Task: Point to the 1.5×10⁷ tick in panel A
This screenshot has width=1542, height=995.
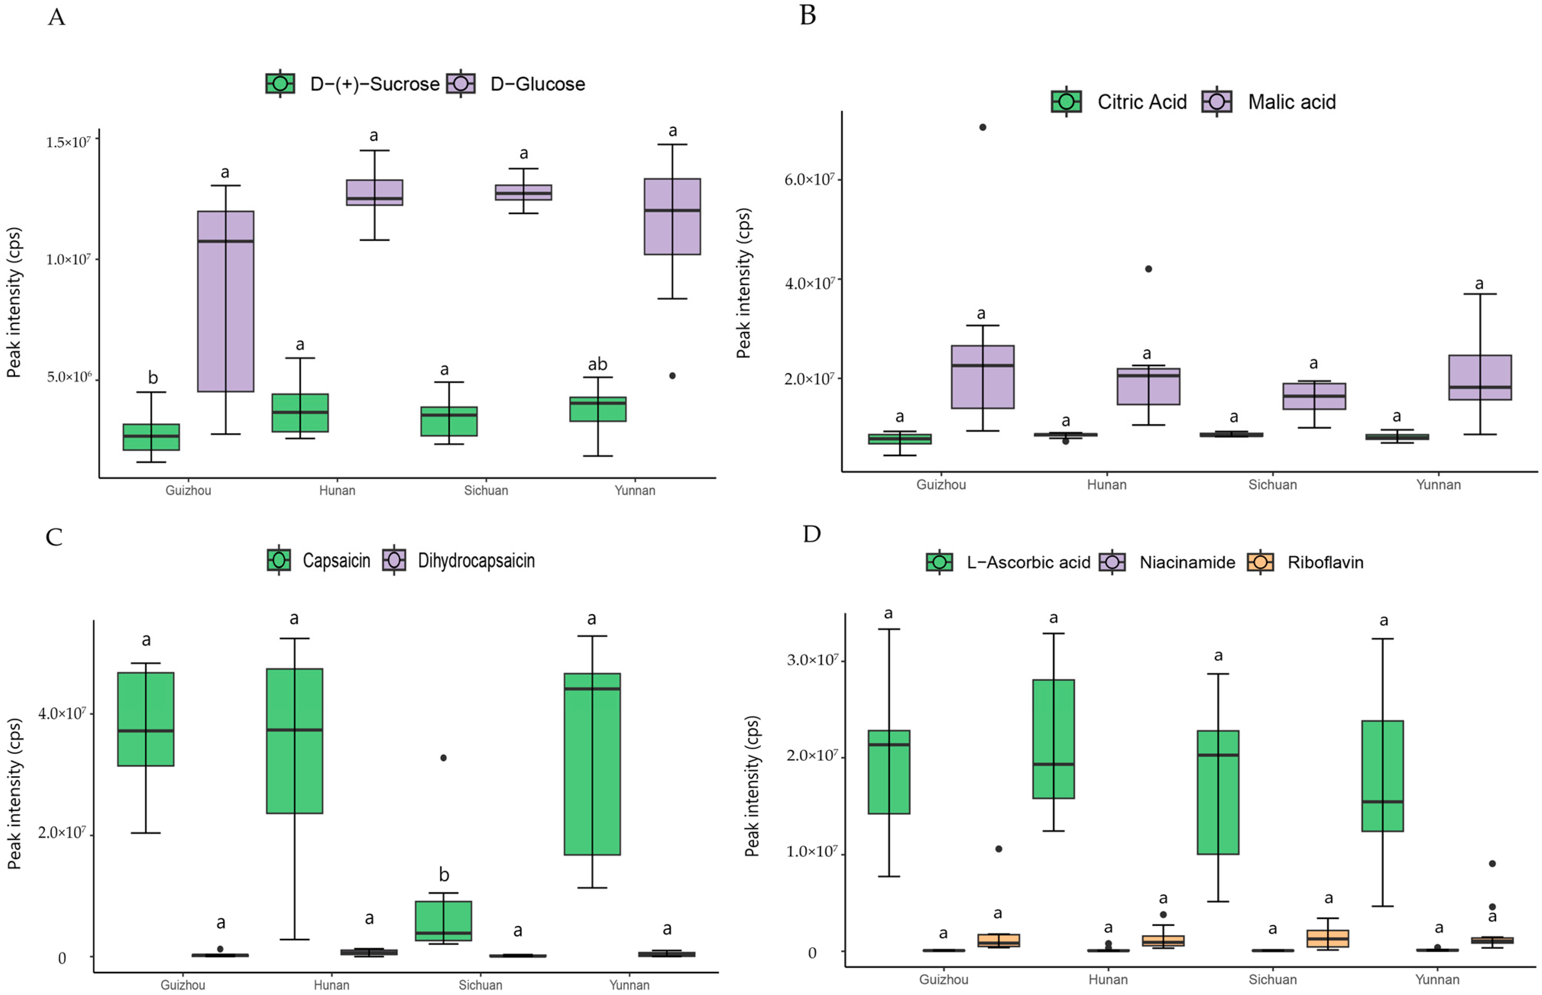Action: click(x=68, y=141)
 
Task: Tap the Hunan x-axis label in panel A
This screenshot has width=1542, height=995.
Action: click(x=337, y=490)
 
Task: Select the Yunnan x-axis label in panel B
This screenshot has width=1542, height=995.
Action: click(x=1438, y=485)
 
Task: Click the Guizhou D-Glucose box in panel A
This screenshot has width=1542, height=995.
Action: click(x=225, y=301)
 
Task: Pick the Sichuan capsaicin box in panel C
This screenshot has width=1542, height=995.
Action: click(x=443, y=920)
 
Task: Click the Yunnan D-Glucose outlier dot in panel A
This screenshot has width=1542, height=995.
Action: click(x=672, y=375)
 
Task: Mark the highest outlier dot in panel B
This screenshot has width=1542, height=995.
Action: click(x=982, y=127)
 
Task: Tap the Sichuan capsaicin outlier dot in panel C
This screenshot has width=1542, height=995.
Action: click(x=443, y=758)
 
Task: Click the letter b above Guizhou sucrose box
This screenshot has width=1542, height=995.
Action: click(x=152, y=377)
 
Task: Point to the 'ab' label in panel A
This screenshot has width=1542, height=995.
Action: click(x=597, y=364)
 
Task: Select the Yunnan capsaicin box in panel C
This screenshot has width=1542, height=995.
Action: click(x=592, y=764)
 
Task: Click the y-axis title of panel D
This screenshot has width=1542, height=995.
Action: click(x=752, y=786)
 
